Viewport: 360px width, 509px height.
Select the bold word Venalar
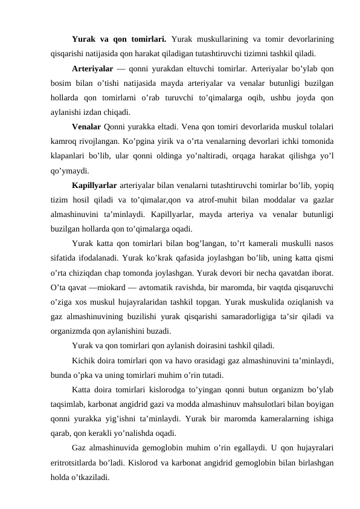[x=86, y=126]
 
